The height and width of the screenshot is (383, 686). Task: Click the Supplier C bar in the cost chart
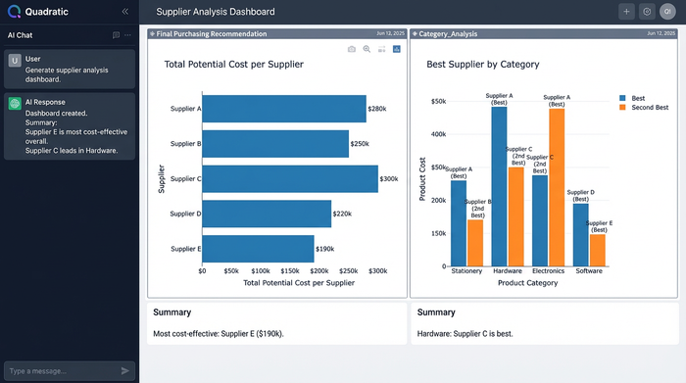289,178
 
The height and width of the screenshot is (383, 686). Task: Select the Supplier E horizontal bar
258,248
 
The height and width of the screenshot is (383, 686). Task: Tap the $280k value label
377,109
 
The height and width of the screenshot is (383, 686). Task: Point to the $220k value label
342,214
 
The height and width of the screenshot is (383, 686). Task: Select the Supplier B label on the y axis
185,144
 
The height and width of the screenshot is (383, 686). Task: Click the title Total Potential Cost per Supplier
233,65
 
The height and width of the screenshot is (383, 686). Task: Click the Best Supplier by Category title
483,65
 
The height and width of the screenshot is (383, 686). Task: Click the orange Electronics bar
557,186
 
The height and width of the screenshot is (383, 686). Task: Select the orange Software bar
598,250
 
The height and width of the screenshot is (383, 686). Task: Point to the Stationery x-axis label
466,271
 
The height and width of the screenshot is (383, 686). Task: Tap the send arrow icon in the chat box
124,371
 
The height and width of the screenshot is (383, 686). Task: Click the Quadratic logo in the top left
14,11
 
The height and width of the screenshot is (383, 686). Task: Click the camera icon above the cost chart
352,48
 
